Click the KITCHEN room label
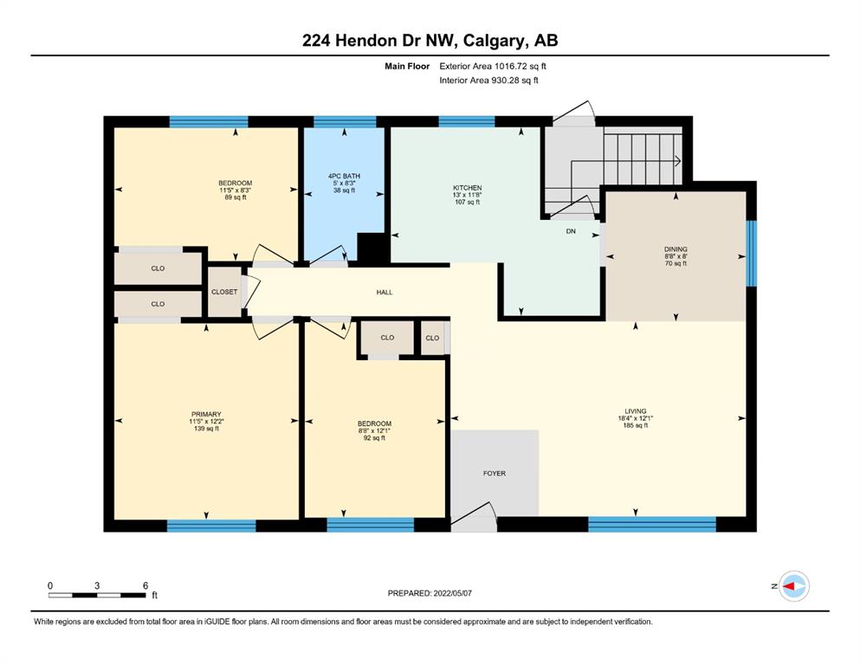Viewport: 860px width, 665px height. tap(468, 188)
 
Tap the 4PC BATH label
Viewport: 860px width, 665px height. tap(345, 176)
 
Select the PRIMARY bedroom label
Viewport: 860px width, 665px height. tap(206, 414)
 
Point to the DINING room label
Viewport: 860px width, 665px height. tap(676, 249)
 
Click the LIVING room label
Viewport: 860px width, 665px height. tap(636, 410)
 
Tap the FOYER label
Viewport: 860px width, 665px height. tap(495, 473)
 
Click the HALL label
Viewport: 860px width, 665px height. tap(385, 292)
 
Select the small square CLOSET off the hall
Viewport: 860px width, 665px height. tap(225, 292)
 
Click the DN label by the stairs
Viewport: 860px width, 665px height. tap(571, 231)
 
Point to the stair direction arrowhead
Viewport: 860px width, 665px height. tap(678, 161)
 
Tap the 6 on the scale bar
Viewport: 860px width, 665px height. tap(145, 585)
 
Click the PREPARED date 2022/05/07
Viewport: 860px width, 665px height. tap(452, 593)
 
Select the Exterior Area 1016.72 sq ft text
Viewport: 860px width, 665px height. tap(493, 67)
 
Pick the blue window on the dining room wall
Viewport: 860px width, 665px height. tap(752, 254)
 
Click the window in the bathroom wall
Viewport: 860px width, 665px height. tap(345, 122)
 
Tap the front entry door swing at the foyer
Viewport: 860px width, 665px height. tap(475, 516)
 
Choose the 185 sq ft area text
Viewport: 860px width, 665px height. tap(636, 425)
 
